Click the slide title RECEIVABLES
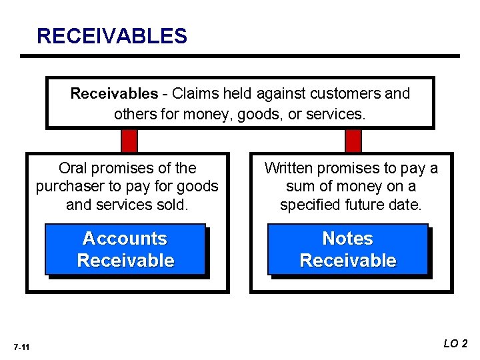[x=112, y=35]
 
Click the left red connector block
[x=129, y=141]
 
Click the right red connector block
[x=353, y=141]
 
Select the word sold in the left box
[x=173, y=204]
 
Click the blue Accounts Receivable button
[x=125, y=249]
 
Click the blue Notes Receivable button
[x=348, y=249]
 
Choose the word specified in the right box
[x=311, y=204]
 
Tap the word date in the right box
[x=406, y=204]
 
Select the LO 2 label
[x=456, y=343]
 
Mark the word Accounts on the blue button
[x=125, y=238]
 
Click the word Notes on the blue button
[x=348, y=238]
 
